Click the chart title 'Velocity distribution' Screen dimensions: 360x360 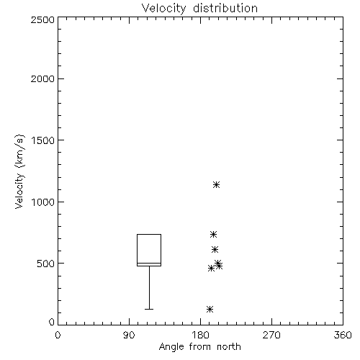click(x=199, y=8)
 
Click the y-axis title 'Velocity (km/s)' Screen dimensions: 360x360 click(x=19, y=171)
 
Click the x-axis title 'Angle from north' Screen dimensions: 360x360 click(x=199, y=346)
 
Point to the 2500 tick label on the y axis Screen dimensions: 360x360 click(x=42, y=19)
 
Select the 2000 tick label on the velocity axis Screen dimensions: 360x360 click(x=42, y=78)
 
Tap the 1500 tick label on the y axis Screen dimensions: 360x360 click(x=43, y=140)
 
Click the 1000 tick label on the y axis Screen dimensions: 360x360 click(x=43, y=202)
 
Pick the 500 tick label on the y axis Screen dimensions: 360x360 click(x=46, y=264)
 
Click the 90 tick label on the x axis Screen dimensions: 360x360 click(x=129, y=335)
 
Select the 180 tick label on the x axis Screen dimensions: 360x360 click(x=200, y=335)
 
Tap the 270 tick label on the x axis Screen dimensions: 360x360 click(x=271, y=335)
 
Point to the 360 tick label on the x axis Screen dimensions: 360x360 click(x=343, y=335)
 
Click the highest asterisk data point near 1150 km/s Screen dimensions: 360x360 click(x=217, y=184)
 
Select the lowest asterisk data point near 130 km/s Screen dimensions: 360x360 click(x=210, y=309)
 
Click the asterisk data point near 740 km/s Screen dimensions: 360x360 click(x=213, y=234)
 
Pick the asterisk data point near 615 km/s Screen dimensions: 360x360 click(x=215, y=249)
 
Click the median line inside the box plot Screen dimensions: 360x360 click(x=149, y=263)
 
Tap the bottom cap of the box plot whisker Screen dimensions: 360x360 click(x=149, y=309)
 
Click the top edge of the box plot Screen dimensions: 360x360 click(x=149, y=234)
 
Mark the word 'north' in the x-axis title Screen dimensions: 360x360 click(x=229, y=346)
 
